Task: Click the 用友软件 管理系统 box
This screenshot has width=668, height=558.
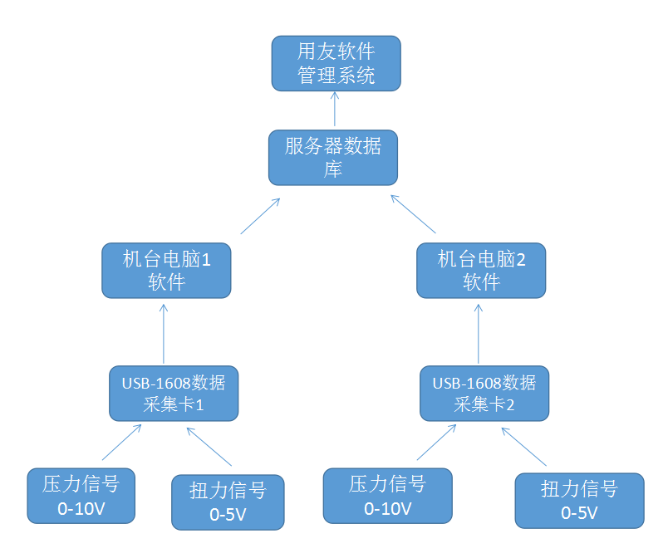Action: (x=336, y=63)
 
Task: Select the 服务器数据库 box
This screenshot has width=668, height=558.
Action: (x=332, y=157)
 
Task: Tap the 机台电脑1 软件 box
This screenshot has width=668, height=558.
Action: (x=166, y=270)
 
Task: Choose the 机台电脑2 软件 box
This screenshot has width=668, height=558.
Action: (x=481, y=270)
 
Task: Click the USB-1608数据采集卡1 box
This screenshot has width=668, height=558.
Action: (x=174, y=394)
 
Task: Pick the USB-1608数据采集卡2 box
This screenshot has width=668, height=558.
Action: (x=484, y=394)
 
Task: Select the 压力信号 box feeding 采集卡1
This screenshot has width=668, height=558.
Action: (x=81, y=496)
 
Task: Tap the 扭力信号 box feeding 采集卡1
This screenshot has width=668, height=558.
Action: (x=228, y=502)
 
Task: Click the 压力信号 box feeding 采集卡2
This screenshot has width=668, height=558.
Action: (x=387, y=496)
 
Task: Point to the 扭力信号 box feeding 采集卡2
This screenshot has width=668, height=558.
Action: (x=579, y=501)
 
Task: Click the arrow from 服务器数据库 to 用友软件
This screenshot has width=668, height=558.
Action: (x=335, y=109)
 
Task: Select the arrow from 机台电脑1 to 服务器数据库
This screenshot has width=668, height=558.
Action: (x=259, y=216)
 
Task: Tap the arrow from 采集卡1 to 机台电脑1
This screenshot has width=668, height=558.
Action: (x=164, y=332)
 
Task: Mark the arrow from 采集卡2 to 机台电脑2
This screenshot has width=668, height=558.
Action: (x=479, y=332)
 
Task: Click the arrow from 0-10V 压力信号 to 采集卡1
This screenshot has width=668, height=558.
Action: (x=121, y=443)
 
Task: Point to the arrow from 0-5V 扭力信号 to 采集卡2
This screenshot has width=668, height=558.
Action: (x=523, y=447)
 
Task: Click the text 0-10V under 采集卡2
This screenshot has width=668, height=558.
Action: (x=387, y=508)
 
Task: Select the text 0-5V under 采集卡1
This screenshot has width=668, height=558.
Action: (x=228, y=514)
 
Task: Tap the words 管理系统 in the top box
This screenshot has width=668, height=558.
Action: (x=336, y=76)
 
